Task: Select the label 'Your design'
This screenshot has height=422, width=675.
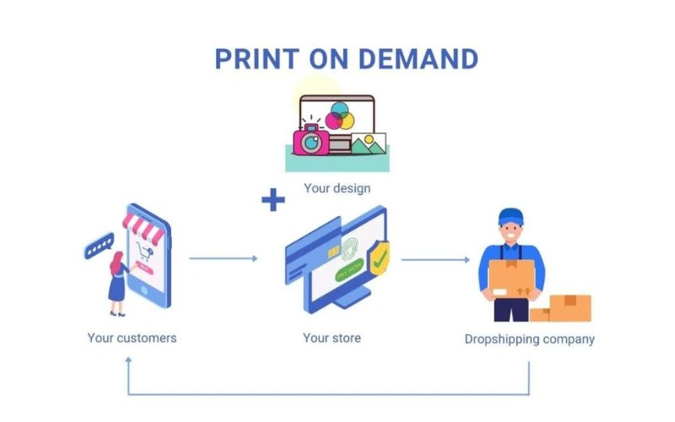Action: (x=337, y=187)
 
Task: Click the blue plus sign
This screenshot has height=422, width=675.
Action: (x=273, y=201)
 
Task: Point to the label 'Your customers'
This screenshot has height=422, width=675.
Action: (x=132, y=338)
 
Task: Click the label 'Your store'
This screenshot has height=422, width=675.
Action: (x=332, y=338)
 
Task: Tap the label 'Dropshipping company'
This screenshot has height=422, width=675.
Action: (x=529, y=339)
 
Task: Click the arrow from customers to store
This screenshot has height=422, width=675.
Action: (x=223, y=258)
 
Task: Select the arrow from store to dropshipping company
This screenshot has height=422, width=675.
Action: (x=435, y=258)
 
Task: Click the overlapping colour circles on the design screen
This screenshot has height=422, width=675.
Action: (x=339, y=115)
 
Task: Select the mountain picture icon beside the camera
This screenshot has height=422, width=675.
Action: (x=368, y=143)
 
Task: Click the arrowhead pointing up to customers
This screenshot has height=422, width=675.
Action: (x=128, y=360)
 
